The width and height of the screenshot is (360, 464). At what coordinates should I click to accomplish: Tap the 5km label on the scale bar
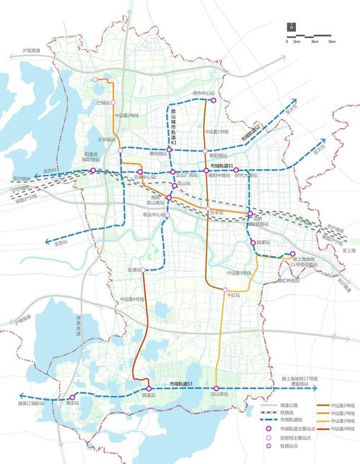pyautogui.click(x=332, y=42)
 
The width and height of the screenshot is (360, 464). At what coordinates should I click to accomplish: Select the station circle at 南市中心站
pyautogui.click(x=214, y=100)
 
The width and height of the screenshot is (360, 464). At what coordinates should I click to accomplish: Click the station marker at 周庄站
pyautogui.click(x=72, y=397)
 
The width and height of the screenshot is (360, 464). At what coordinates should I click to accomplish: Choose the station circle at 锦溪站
pyautogui.click(x=149, y=388)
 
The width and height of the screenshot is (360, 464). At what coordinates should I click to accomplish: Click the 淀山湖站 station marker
pyautogui.click(x=216, y=388)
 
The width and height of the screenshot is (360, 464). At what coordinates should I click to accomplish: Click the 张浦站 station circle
pyautogui.click(x=143, y=270)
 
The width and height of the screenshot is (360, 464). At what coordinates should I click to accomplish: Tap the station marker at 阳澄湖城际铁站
pyautogui.click(x=92, y=170)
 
